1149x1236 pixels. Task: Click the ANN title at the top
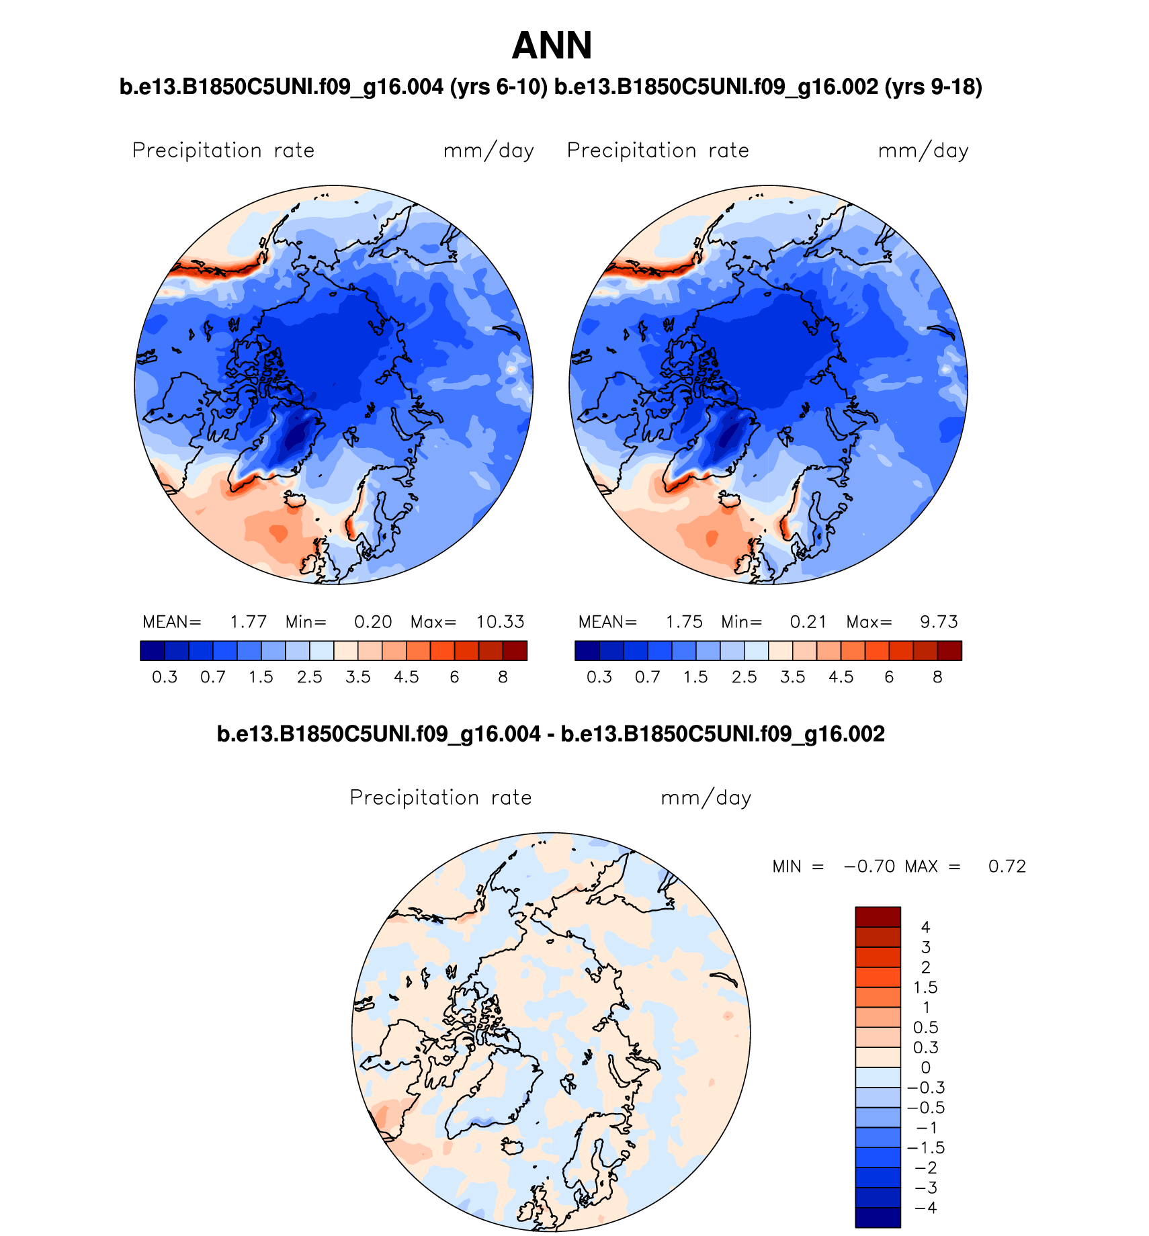tap(552, 46)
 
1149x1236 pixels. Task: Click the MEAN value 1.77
tap(248, 622)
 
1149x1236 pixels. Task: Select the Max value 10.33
tap(500, 622)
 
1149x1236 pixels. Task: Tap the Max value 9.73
tap(939, 622)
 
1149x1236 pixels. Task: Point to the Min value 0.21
tap(808, 622)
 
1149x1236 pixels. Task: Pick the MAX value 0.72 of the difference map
tap(1007, 867)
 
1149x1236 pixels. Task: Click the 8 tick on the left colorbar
tap(503, 677)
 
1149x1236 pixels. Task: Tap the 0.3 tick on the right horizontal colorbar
tap(599, 677)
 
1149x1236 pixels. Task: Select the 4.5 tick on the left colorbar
tap(406, 677)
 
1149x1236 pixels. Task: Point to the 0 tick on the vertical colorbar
tap(925, 1067)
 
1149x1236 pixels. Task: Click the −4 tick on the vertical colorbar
tap(925, 1208)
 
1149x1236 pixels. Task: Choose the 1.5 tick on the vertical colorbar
tap(925, 987)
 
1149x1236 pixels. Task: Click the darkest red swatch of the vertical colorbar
tap(877, 917)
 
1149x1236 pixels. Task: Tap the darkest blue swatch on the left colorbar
tap(153, 650)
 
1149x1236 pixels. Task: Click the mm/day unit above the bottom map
tap(706, 798)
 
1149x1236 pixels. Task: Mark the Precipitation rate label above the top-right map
tap(658, 150)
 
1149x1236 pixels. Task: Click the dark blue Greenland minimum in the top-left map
tap(295, 437)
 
